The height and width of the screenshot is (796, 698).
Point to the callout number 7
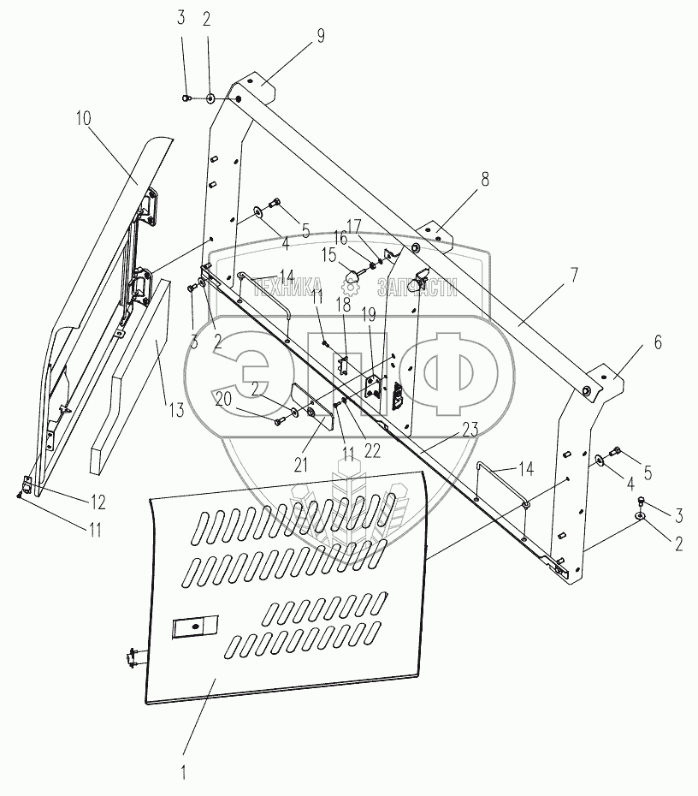(x=574, y=276)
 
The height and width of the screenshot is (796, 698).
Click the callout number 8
(x=485, y=180)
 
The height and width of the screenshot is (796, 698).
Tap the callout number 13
(x=175, y=409)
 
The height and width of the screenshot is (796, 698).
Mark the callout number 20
(x=222, y=398)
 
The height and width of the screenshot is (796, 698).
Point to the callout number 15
(x=328, y=255)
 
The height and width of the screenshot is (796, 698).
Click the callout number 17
(x=353, y=225)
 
